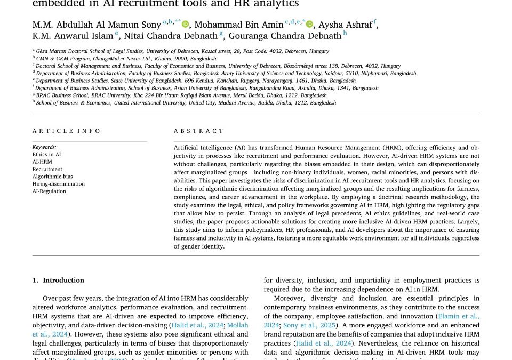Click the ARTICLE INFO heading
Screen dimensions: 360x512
[66, 131]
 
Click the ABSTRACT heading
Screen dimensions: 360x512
[198, 131]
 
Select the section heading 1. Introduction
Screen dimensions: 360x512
[58, 280]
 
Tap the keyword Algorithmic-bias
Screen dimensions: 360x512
[52, 177]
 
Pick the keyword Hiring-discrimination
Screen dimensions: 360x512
[58, 184]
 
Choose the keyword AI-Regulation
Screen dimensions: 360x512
[49, 191]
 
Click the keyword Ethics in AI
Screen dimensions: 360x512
[46, 154]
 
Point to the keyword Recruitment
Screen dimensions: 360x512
[47, 169]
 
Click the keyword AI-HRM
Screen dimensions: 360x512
[42, 162]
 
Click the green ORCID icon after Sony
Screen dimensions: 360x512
[186, 24]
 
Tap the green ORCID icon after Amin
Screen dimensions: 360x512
[310, 24]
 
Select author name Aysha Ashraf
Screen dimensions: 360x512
[345, 25]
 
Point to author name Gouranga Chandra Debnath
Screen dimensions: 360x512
[285, 36]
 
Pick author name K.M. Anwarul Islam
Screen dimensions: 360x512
[73, 36]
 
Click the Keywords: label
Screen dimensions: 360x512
[44, 147]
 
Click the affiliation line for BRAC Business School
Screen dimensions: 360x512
[181, 95]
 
